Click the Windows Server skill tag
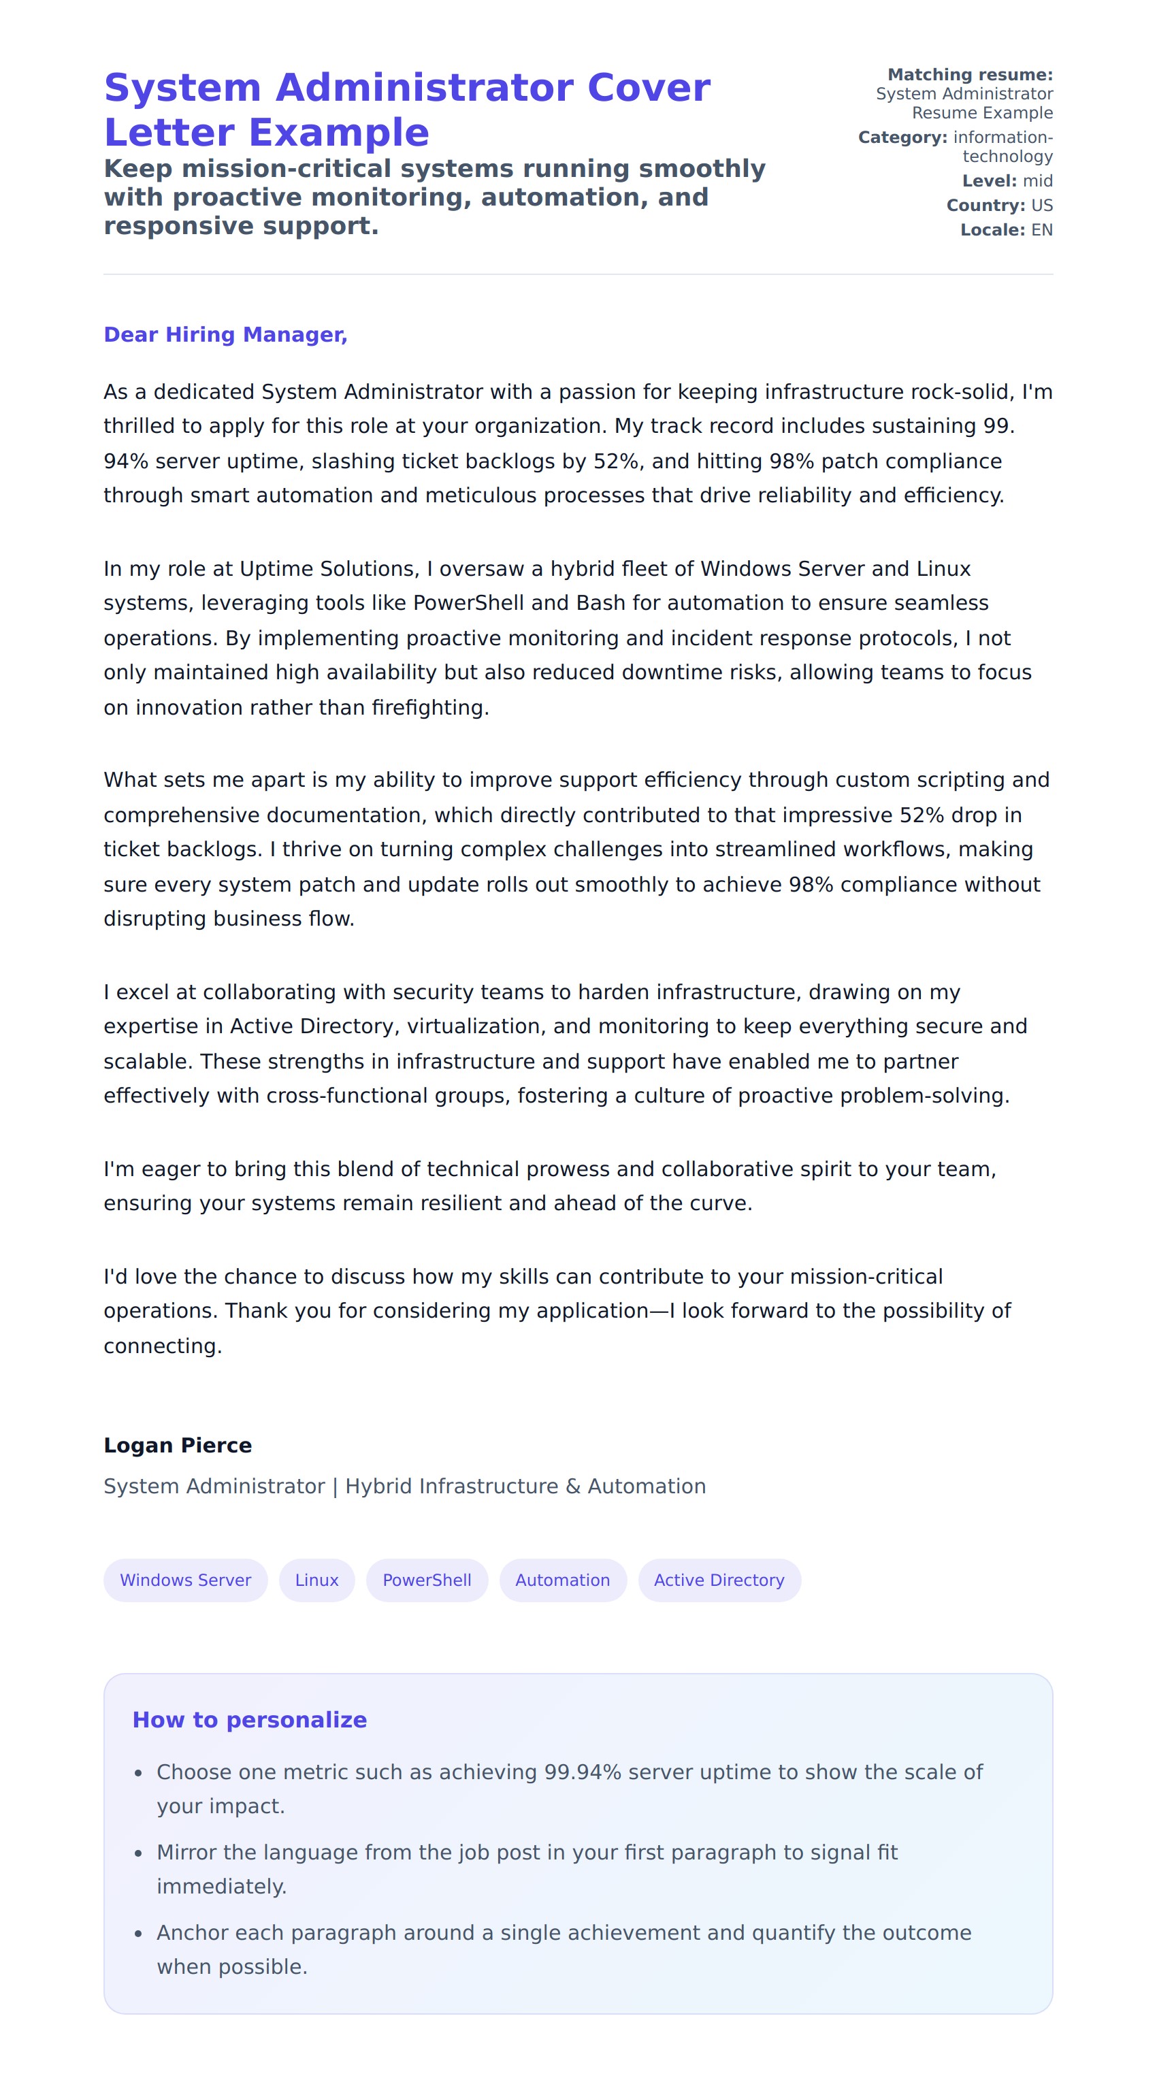click(185, 1580)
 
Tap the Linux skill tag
click(316, 1580)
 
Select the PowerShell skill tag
click(426, 1580)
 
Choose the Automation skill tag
click(563, 1580)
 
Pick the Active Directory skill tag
click(719, 1580)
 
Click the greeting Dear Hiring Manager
click(225, 335)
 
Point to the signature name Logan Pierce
click(178, 1446)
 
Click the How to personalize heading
click(250, 1720)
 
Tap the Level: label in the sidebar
click(989, 181)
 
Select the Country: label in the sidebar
click(985, 206)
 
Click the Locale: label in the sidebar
click(992, 230)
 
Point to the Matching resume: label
click(970, 75)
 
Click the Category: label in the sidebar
click(902, 138)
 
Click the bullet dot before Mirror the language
click(138, 1854)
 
